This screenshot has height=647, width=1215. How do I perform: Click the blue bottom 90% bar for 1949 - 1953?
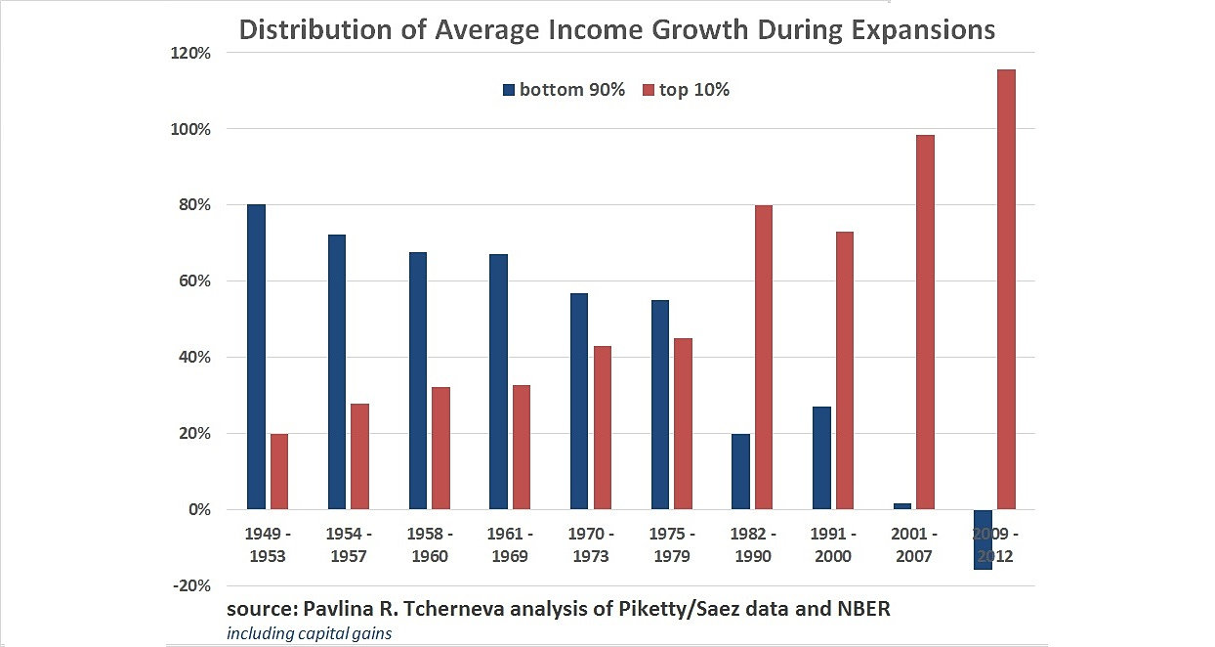(x=256, y=357)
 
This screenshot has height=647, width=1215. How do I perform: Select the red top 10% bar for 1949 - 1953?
(x=279, y=471)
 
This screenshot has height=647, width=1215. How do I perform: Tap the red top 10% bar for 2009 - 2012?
(x=1005, y=289)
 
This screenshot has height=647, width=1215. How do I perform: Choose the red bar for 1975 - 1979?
(x=683, y=423)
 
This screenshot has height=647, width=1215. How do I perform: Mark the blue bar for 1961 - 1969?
(x=497, y=382)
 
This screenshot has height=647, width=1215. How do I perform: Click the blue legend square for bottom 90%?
(x=509, y=90)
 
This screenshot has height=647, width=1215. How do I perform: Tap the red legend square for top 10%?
(x=647, y=90)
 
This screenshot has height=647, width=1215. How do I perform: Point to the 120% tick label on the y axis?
(x=191, y=53)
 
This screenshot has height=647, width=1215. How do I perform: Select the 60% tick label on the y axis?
(x=195, y=281)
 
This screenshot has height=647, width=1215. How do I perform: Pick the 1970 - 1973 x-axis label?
(x=591, y=545)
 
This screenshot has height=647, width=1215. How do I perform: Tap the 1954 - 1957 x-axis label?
(x=349, y=545)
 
